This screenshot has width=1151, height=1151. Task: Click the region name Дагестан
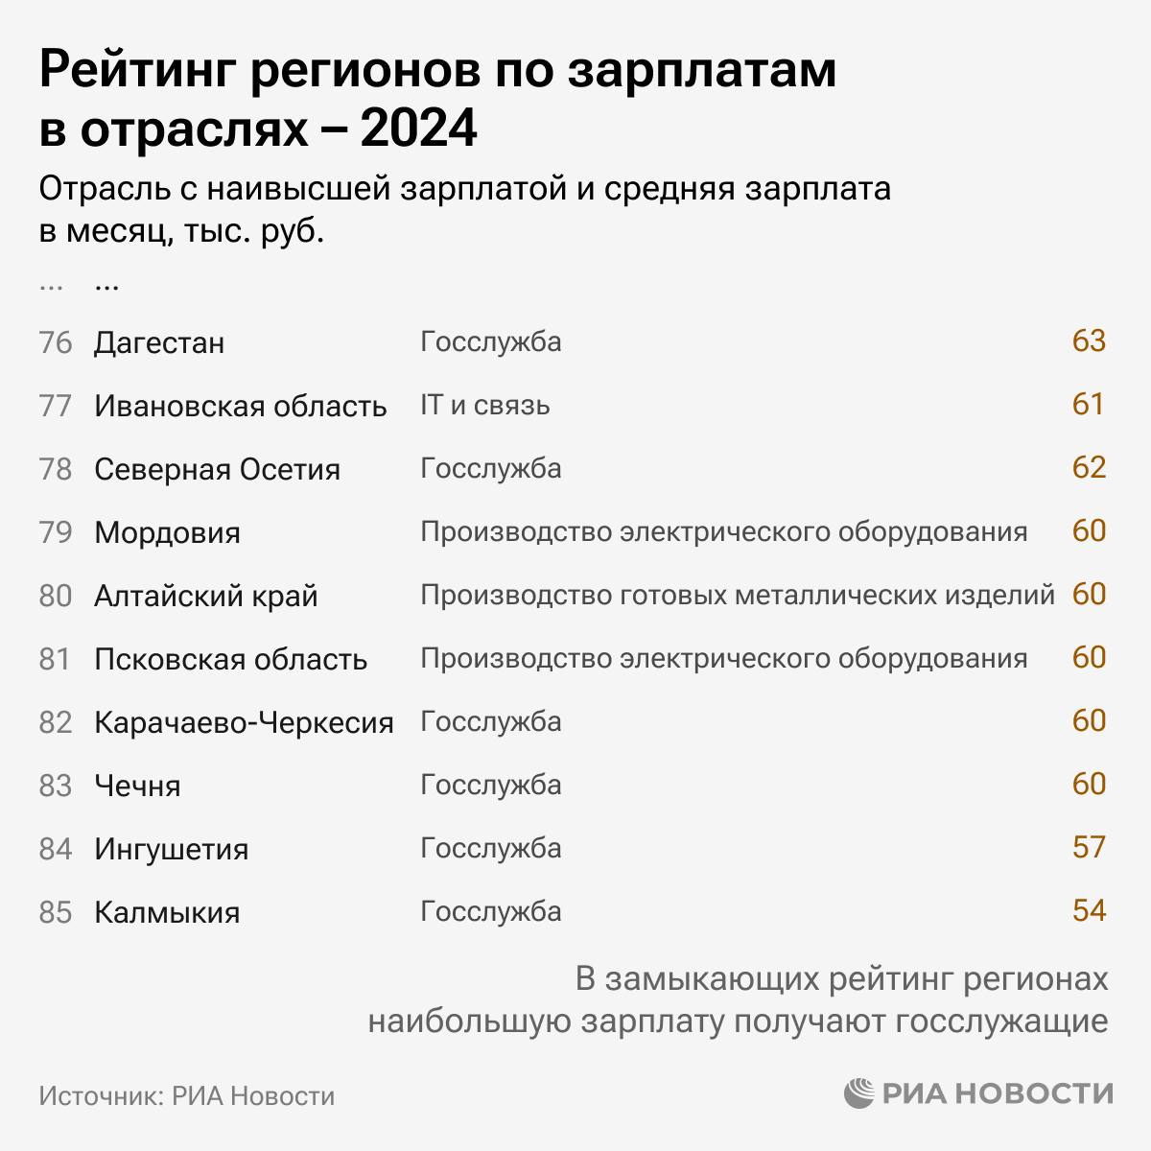pos(159,342)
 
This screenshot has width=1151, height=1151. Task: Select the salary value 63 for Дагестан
pos(1089,341)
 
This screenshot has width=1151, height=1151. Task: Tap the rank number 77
pos(56,406)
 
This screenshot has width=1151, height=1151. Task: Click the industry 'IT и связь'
pos(484,405)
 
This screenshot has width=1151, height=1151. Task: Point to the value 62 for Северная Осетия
pos(1089,468)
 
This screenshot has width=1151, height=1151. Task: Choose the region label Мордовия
pos(167,532)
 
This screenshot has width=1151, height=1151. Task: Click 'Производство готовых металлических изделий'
pos(737,595)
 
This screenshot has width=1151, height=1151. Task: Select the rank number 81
pos(56,659)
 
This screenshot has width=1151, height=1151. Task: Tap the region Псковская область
pos(230,659)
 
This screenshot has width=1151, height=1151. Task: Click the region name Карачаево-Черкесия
pos(244,722)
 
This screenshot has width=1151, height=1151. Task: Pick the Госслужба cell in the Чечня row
pos(490,785)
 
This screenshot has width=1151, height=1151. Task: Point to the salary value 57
pos(1089,848)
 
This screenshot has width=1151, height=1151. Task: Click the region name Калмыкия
pos(167,912)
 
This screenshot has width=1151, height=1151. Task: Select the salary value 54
pos(1089,910)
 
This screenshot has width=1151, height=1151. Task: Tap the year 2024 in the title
pos(418,129)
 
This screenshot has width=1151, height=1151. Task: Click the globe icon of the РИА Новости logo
pos(860,1093)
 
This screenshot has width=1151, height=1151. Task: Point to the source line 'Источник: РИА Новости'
pos(187,1095)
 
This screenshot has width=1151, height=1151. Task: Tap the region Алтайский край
pos(205,596)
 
